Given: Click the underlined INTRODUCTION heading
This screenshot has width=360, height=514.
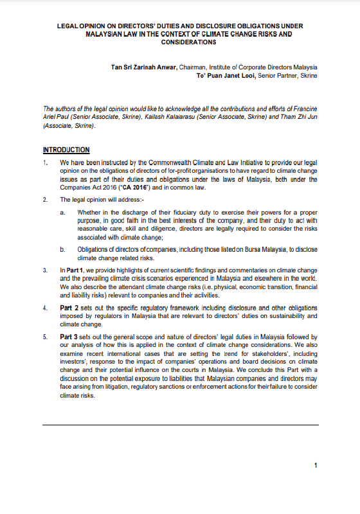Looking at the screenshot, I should pos(66,150).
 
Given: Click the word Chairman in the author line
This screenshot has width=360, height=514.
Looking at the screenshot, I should pos(215,67).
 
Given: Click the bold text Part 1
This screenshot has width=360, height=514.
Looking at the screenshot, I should pos(73,271).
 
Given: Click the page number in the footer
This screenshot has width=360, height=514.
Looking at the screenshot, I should pos(316,465).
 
